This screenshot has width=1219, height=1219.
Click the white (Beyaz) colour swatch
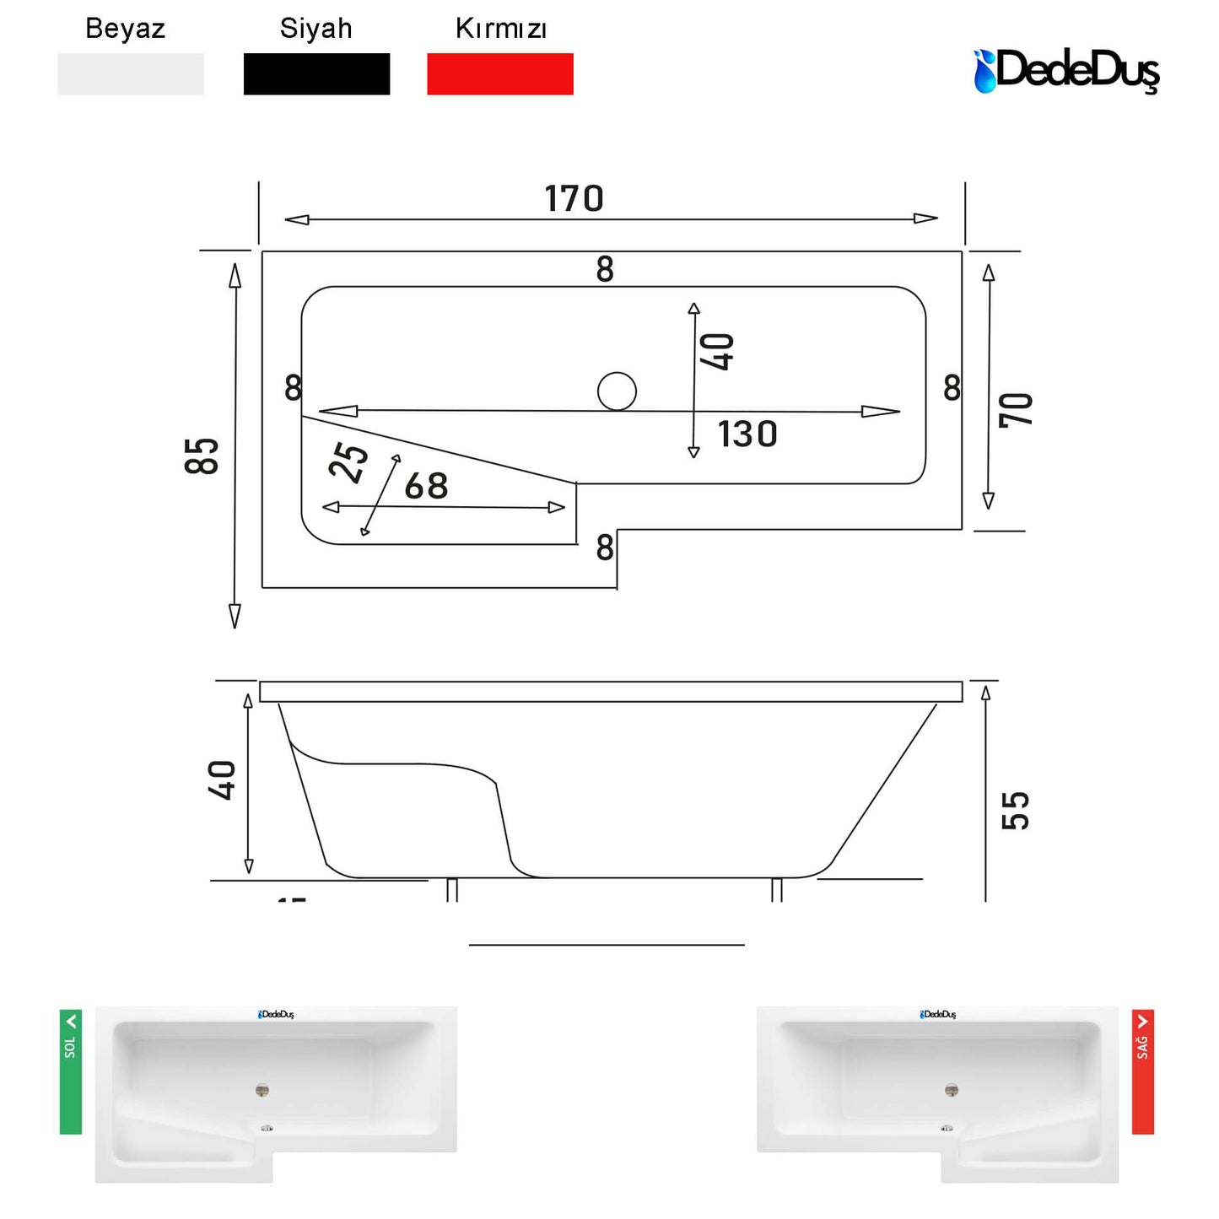130,73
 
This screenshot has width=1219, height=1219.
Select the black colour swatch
316,73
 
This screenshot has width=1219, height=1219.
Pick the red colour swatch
499,73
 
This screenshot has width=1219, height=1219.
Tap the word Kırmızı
500,29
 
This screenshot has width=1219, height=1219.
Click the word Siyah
316,29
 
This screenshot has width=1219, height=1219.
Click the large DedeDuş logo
1066,71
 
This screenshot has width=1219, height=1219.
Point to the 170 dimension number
574,198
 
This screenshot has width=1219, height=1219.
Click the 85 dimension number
201,456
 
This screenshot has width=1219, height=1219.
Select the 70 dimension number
1016,410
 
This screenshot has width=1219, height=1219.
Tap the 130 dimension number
747,434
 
